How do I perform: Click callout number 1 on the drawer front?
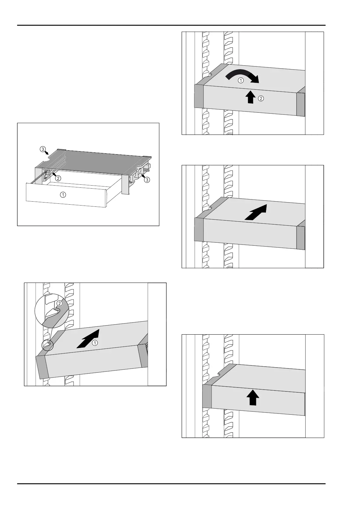click(63, 195)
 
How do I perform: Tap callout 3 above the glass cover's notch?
click(43, 149)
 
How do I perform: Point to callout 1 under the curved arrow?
click(241, 81)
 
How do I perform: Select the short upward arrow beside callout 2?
click(250, 97)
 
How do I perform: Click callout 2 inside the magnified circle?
click(60, 303)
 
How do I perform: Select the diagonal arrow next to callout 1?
click(88, 339)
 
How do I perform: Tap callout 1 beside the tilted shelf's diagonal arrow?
click(95, 343)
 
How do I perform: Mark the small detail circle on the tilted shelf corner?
click(47, 345)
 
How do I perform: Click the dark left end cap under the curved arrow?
click(199, 95)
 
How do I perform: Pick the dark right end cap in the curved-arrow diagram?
click(301, 104)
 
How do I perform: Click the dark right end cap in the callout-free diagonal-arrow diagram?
click(301, 237)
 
